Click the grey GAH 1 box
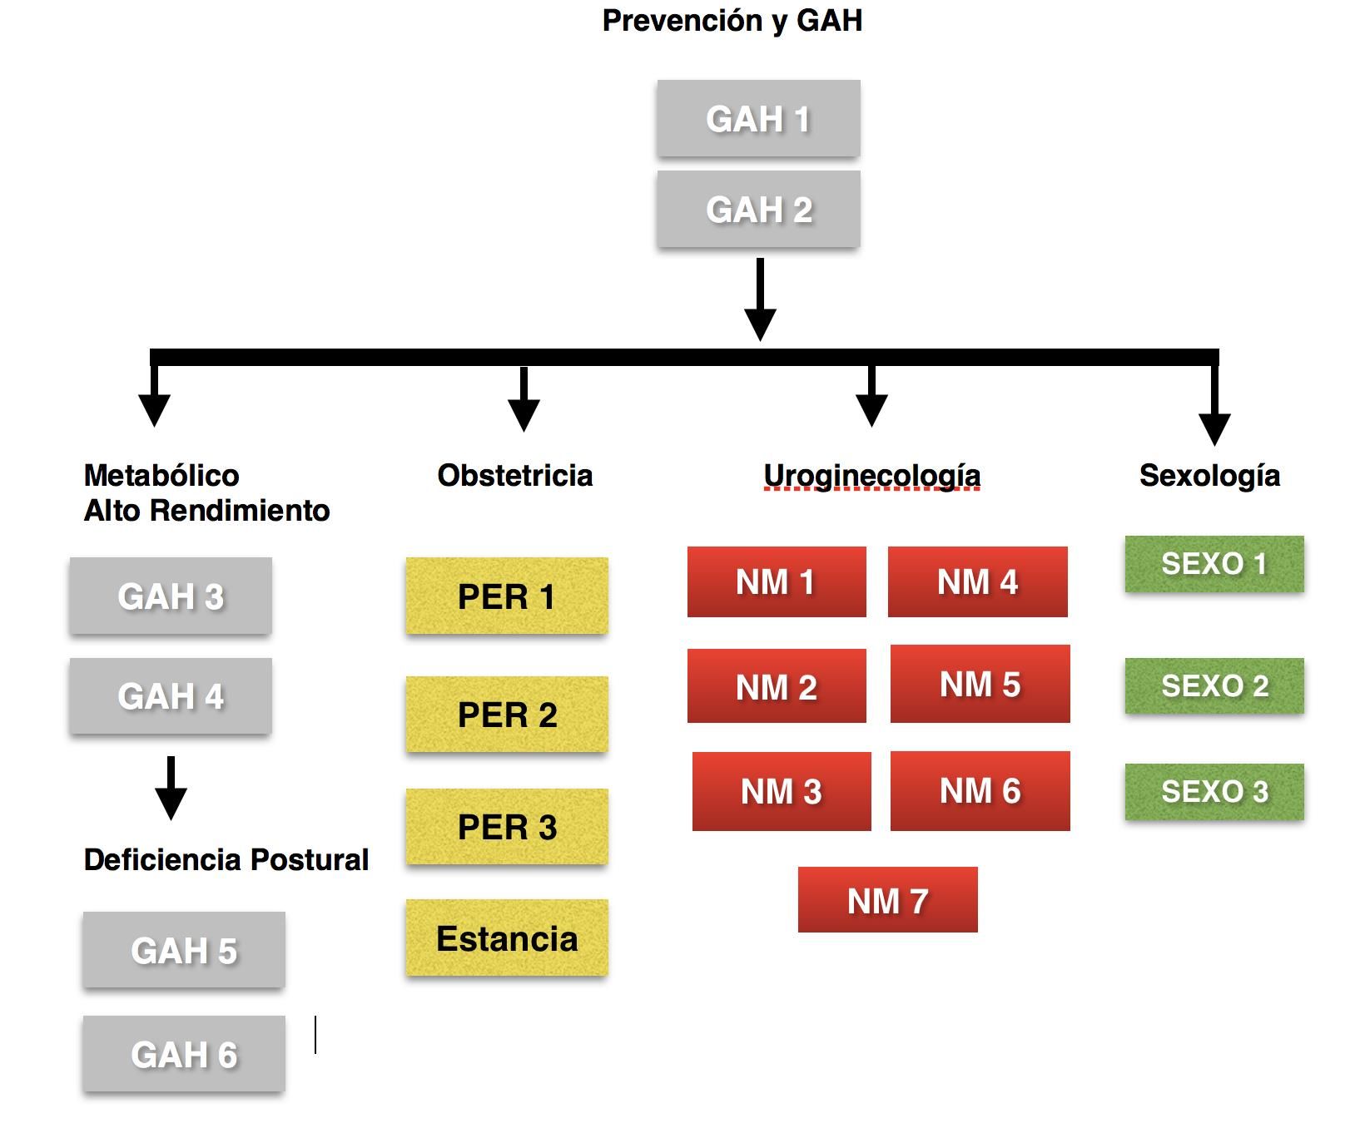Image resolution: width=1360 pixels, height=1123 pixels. pos(758,118)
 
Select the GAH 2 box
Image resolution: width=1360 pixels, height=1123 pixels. pos(758,209)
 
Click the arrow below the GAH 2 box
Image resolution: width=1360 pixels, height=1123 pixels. pos(760,299)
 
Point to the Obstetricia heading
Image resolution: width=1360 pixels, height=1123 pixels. pos(515,475)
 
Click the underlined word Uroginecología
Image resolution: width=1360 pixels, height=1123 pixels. pos(872,476)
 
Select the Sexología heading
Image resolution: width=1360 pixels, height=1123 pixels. pos(1209,476)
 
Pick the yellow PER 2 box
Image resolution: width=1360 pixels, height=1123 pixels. pos(507,715)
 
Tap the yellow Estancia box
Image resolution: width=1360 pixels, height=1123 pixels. pos(507,937)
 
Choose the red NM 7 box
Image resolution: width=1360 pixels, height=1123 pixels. pos(887,900)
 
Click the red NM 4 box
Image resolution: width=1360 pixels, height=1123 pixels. pos(978,581)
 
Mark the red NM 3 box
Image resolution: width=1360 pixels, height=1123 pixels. pos(782,791)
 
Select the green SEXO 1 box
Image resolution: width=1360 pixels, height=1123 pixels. pos(1214,564)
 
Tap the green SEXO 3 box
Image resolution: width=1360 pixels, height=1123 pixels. pos(1214,792)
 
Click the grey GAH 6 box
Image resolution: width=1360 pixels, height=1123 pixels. pos(184,1054)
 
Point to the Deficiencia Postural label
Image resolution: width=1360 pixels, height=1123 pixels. pos(226,859)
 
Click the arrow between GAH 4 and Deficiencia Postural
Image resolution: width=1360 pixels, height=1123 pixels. pos(171,788)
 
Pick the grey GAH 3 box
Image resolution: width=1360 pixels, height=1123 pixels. pos(171,596)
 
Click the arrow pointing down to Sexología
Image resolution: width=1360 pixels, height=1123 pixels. pos(1214,403)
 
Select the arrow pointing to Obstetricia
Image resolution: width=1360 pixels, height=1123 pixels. pos(524,399)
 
